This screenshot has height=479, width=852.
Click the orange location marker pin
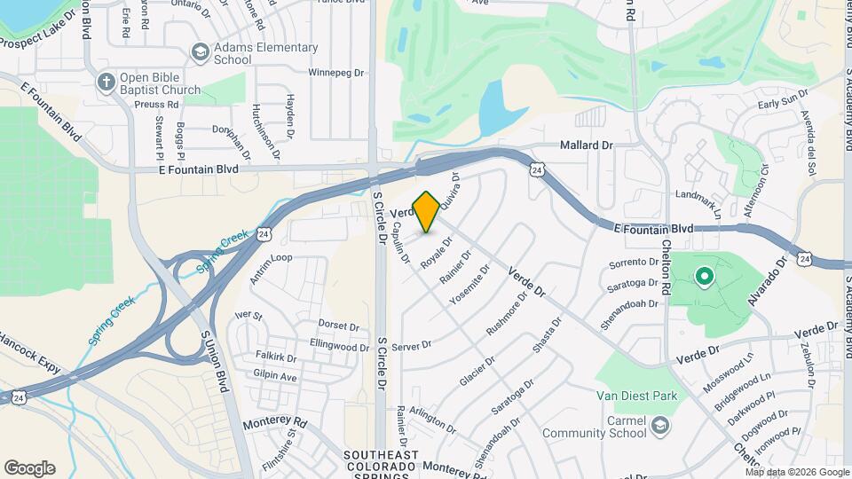click(x=427, y=211)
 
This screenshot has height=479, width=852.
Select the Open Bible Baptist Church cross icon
click(x=106, y=82)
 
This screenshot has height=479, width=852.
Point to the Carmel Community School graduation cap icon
click(x=660, y=427)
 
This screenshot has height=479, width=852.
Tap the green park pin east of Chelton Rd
click(x=705, y=278)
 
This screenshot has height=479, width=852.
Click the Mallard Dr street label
click(x=586, y=145)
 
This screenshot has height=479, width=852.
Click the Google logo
click(x=29, y=468)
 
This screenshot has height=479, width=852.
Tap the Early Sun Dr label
click(x=780, y=105)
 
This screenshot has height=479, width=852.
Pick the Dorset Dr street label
click(x=337, y=326)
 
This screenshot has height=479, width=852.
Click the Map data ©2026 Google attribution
click(x=796, y=472)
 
